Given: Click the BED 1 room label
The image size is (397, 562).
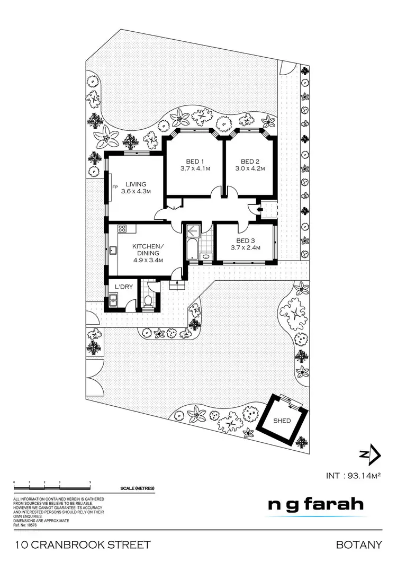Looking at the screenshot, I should tap(194, 162).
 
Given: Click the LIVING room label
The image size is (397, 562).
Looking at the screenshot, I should tap(136, 184).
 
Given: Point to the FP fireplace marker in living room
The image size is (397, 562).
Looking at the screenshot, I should tap(114, 187).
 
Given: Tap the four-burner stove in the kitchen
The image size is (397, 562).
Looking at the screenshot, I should tap(122, 229).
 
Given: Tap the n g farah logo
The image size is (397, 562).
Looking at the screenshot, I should tap(316, 504).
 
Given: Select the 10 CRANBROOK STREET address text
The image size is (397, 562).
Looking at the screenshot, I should tap(83, 545).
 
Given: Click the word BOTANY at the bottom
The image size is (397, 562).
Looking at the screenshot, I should tap(358, 545).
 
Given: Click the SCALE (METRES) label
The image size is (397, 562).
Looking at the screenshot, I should tap(137, 488).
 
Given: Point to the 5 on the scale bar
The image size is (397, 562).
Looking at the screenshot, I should tap(91, 481).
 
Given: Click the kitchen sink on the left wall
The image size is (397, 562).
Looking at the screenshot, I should tap(113, 251).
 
